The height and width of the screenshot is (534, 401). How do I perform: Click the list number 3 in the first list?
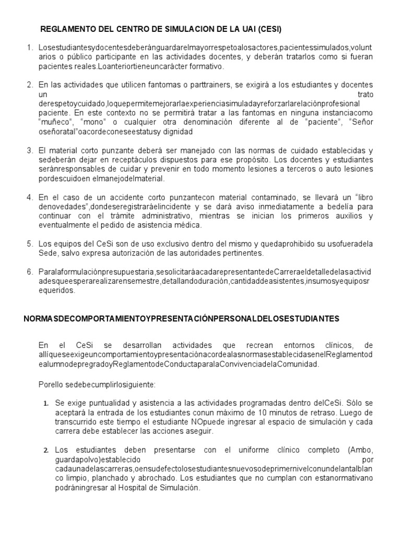tap(30, 150)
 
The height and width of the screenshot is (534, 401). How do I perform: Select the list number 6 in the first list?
tap(30, 272)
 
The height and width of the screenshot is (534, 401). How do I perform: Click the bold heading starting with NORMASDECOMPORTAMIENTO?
tap(181, 318)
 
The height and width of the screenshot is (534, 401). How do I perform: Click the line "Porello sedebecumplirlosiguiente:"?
tap(96, 384)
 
